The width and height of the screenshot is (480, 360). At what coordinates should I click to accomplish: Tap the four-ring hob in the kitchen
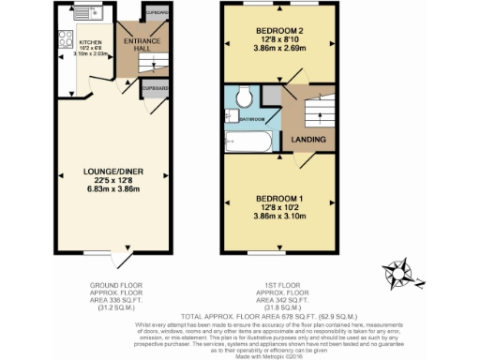(x=65, y=40)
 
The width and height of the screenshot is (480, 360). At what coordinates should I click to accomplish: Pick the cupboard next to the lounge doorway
(x=154, y=89)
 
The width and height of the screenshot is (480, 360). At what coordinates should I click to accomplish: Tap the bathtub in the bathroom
(x=247, y=142)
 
